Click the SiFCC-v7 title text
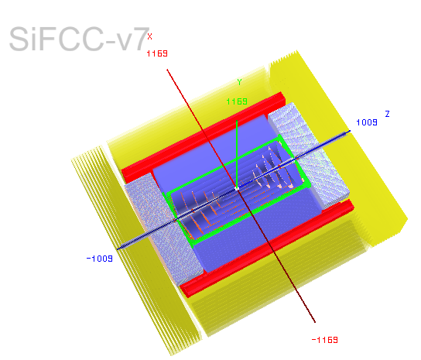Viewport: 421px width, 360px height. pyautogui.click(x=80, y=39)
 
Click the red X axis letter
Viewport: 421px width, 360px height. pyautogui.click(x=149, y=36)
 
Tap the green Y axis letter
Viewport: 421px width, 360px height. pyautogui.click(x=239, y=82)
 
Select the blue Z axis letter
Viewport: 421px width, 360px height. pyautogui.click(x=387, y=114)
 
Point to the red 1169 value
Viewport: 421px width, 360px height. pyautogui.click(x=157, y=53)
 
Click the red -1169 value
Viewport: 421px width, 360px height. pyautogui.click(x=324, y=340)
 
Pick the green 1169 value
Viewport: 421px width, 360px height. pyautogui.click(x=237, y=101)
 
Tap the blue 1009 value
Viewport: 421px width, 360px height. pyautogui.click(x=367, y=122)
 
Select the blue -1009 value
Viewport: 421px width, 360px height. pyautogui.click(x=99, y=259)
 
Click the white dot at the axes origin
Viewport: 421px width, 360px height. pyautogui.click(x=237, y=189)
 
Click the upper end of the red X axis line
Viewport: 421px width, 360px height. pyautogui.click(x=167, y=70)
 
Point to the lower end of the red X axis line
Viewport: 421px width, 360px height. pyautogui.click(x=315, y=321)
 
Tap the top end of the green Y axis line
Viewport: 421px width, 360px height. pyautogui.click(x=237, y=121)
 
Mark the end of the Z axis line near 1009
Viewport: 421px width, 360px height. pyautogui.click(x=350, y=131)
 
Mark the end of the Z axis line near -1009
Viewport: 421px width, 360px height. pyautogui.click(x=118, y=249)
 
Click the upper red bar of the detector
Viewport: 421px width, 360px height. pyautogui.click(x=204, y=138)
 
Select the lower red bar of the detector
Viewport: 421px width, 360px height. pyautogui.click(x=267, y=249)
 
